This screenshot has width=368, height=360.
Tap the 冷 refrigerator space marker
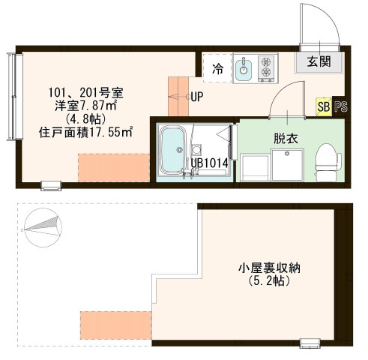click(x=217, y=69)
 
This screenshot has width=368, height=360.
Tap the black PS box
click(x=340, y=106)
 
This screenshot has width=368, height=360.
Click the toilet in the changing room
click(x=324, y=160)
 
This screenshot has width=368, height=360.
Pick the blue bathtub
click(x=173, y=150)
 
